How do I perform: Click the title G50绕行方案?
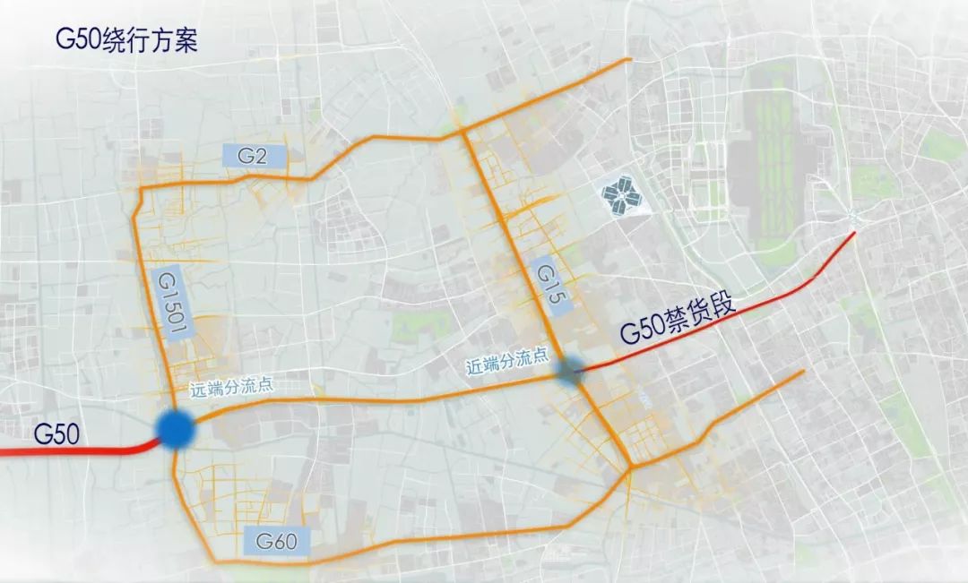pos(125,40)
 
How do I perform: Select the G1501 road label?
pos(170,304)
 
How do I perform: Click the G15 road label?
pos(549,286)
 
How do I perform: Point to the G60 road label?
pos(276,540)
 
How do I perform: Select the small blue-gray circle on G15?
pos(570,372)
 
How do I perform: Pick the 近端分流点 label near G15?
pos(506,362)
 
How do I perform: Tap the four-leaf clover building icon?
pos(625,195)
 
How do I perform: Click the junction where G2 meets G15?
pos(463,132)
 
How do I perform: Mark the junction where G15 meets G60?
pos(630,467)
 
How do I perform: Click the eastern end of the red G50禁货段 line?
pos(854,233)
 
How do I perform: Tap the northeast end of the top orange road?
pos(629,60)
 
